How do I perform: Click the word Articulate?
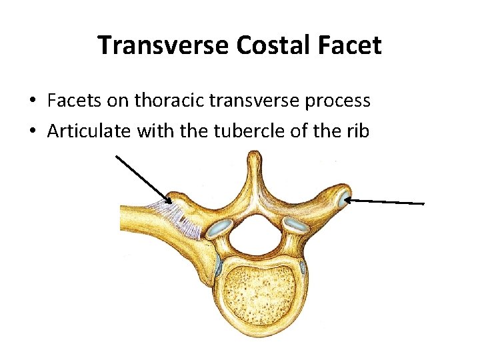pos(89,131)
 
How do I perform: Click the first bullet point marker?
pos(32,101)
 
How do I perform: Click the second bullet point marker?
pos(32,131)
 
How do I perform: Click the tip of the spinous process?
pos(252,157)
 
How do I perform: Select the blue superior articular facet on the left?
pos(217,231)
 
